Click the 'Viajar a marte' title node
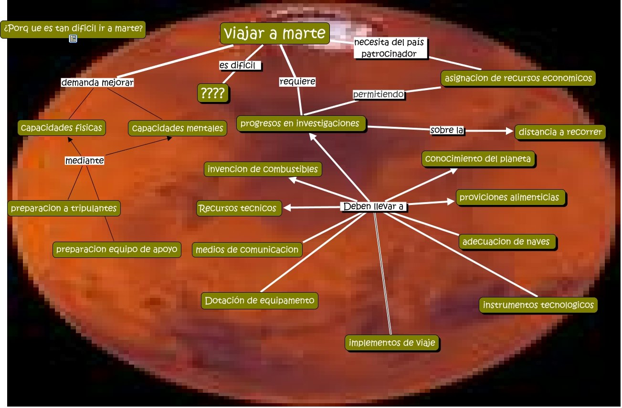click(275, 34)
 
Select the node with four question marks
click(213, 93)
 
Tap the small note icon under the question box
click(73, 39)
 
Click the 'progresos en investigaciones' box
click(301, 123)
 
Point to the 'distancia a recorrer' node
click(560, 132)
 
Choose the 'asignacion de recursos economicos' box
click(518, 78)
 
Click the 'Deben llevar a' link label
click(374, 207)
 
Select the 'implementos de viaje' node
click(392, 343)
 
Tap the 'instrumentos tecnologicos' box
click(538, 305)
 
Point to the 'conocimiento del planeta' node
click(478, 159)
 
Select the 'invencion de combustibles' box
click(263, 169)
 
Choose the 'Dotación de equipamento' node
click(259, 301)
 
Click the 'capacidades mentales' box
click(178, 128)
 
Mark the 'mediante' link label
click(84, 161)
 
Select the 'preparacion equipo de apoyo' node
click(116, 249)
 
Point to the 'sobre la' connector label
click(447, 130)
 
